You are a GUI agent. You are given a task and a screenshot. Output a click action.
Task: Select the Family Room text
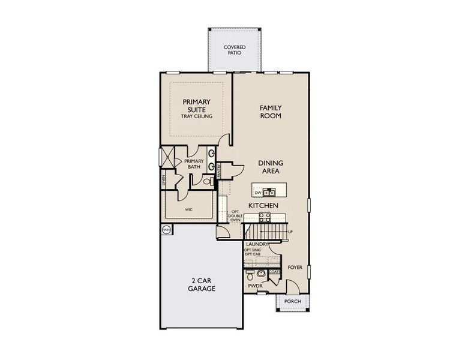271,112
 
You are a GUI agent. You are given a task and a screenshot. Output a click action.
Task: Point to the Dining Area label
271,167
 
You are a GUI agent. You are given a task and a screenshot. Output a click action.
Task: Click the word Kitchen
263,206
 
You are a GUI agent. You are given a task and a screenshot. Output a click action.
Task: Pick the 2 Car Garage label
200,284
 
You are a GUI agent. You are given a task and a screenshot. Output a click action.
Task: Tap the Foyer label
295,268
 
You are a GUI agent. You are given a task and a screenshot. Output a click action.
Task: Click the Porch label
292,301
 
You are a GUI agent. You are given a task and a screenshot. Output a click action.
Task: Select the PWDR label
255,287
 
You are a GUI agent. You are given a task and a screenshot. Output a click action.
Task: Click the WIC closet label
188,210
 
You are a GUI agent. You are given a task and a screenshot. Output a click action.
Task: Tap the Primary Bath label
194,164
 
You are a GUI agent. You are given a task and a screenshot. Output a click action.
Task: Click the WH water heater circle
166,230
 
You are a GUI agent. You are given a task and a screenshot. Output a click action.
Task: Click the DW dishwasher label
258,193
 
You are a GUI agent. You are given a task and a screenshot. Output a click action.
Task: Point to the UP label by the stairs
290,232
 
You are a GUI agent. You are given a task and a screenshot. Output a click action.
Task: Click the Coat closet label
274,272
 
